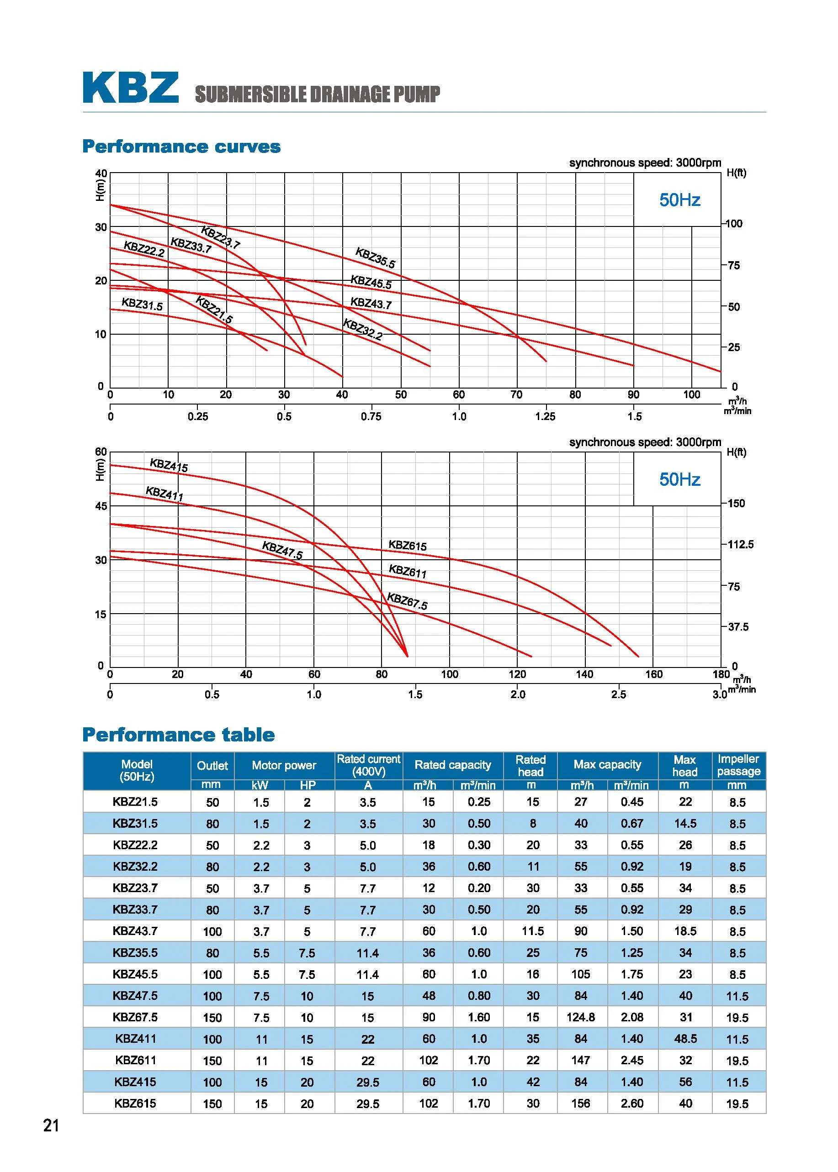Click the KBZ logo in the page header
[131, 88]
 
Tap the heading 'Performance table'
[179, 735]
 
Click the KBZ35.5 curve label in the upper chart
[375, 258]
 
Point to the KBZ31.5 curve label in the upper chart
[142, 304]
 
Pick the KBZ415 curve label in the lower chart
[169, 465]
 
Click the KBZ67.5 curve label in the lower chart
[407, 601]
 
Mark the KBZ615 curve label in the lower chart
[407, 546]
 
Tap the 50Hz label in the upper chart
[679, 200]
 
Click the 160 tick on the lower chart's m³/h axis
[654, 674]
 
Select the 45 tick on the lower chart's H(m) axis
[101, 506]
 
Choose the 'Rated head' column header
[530, 766]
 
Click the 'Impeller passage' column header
[738, 765]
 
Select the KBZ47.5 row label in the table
[135, 996]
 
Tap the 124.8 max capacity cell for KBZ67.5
[581, 1017]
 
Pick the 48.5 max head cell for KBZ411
[685, 1039]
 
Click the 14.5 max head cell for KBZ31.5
[685, 824]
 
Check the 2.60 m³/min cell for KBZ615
[632, 1104]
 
